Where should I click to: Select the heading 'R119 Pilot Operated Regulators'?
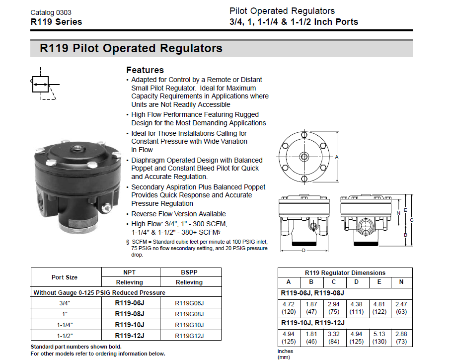[x=131, y=49]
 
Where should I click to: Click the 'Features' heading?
[x=145, y=70]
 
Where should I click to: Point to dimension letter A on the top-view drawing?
[x=337, y=157]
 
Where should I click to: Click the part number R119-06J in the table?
[x=130, y=303]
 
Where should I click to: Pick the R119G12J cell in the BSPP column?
[x=190, y=336]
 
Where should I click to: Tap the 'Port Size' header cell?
[x=65, y=277]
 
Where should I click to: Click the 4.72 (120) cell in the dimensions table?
[x=289, y=308]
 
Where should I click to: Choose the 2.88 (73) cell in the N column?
[x=401, y=339]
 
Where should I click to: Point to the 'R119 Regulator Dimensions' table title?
[x=345, y=273]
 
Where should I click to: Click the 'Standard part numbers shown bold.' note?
[x=76, y=347]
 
